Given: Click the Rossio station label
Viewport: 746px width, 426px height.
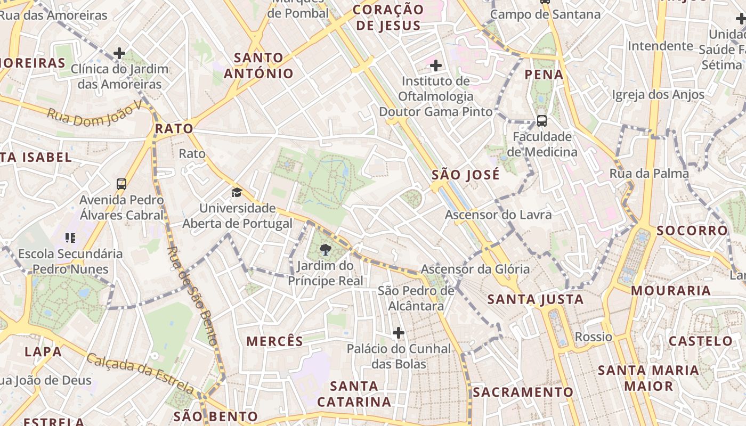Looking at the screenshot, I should (x=593, y=337).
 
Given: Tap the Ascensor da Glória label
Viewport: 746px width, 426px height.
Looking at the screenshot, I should (x=475, y=269).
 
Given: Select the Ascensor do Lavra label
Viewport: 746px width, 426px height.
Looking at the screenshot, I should (x=498, y=215).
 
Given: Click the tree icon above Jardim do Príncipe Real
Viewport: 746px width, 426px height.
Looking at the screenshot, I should (x=325, y=249).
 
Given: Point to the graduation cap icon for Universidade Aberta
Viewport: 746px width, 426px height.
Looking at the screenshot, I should (x=237, y=192).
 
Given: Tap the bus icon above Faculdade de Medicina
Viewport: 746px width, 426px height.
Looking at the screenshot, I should (x=541, y=121).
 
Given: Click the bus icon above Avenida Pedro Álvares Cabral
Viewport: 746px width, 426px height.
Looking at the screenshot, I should (x=121, y=184).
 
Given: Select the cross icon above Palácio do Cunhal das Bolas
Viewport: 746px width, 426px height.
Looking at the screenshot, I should (x=398, y=333).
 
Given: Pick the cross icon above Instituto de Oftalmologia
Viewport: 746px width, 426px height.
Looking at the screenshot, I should (x=435, y=65).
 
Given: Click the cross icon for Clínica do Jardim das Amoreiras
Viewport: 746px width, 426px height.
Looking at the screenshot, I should (x=119, y=53).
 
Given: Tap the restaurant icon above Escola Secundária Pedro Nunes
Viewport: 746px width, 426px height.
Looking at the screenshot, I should (x=70, y=237).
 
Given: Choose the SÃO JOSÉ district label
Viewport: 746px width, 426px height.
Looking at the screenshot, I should (x=466, y=175).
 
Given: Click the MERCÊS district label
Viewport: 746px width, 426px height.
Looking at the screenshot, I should (x=274, y=341).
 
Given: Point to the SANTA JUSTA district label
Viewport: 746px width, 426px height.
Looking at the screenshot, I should (x=536, y=299).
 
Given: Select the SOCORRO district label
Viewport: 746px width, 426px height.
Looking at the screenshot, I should (x=692, y=231).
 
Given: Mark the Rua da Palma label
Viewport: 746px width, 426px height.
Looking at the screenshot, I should (x=649, y=173).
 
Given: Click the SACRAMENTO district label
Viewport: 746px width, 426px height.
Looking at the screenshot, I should (x=523, y=392).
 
